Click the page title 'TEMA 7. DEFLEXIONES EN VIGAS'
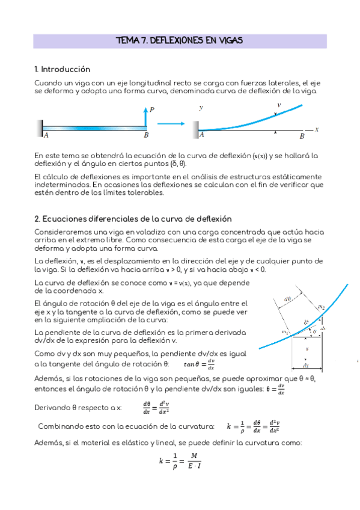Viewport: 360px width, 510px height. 180,41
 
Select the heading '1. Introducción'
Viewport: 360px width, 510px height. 63,69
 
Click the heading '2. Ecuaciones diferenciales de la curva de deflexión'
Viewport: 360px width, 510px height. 133,219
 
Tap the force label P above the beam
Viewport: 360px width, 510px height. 152,109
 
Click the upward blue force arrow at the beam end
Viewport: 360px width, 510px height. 145,116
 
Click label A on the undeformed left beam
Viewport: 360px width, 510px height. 46,136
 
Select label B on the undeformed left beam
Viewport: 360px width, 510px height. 146,136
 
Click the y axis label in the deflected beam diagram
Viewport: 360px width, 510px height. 201,107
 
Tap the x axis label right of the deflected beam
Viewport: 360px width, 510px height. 316,129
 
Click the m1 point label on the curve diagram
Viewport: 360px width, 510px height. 285,331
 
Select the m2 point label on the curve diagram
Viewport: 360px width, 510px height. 321,307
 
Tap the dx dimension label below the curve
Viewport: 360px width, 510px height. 306,365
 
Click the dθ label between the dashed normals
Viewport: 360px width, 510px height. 288,299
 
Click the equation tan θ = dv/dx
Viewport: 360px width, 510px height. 199,364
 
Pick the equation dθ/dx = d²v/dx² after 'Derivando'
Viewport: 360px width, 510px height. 156,408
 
